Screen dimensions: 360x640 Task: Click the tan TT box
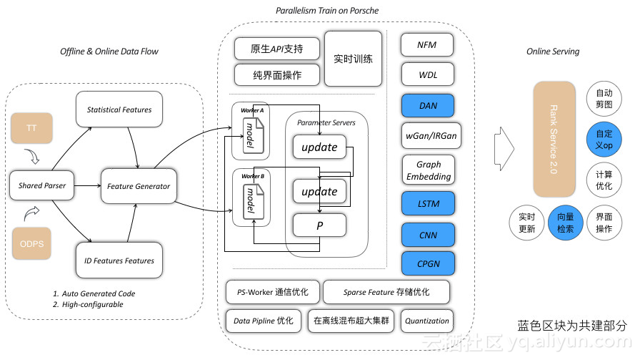pos(31,128)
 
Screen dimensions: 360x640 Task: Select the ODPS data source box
pos(31,243)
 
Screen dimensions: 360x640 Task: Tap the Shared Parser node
pos(42,186)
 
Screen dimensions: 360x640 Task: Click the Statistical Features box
pos(119,110)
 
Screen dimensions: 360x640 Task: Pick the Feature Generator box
pos(139,186)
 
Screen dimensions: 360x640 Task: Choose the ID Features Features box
pos(119,261)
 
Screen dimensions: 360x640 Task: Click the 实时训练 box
pos(353,59)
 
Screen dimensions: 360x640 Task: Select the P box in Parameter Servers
pos(319,225)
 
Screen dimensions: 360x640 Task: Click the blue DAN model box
pos(428,106)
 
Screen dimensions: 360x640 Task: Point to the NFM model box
pos(428,45)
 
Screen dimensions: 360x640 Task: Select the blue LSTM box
pos(428,203)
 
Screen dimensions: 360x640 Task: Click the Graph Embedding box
pos(428,170)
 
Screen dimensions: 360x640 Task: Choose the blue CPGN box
pos(428,263)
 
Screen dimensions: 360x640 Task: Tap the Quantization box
pos(427,321)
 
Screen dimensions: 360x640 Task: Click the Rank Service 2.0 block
pos(554,138)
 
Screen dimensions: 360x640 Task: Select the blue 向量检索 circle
pos(565,223)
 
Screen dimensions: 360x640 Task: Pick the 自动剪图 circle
pos(604,98)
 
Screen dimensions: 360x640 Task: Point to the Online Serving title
pos(553,52)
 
